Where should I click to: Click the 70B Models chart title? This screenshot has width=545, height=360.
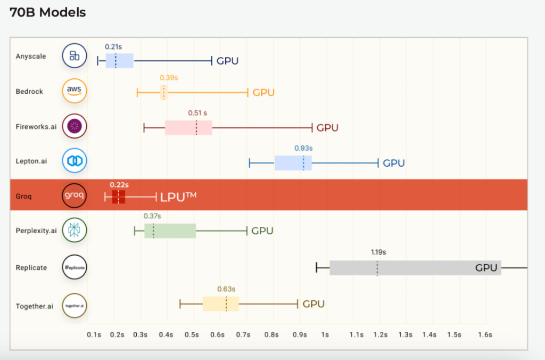coord(47,12)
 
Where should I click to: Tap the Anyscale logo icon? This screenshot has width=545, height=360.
coord(75,56)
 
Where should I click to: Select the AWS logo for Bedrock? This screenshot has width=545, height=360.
coord(75,91)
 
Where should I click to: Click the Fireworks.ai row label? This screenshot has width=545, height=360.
coord(36,127)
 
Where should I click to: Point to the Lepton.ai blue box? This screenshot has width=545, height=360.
coord(293,163)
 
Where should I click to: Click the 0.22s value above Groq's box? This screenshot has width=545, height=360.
coord(119,185)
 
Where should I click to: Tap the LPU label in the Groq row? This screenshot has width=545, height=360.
coord(178,197)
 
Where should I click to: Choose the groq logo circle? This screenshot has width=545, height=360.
coord(75,195)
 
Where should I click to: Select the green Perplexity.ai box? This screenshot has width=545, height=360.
coord(170,231)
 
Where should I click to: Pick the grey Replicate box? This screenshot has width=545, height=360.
coord(415,267)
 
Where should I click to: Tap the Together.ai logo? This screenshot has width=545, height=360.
coord(75,306)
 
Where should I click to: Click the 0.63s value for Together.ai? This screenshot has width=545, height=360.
coord(226,289)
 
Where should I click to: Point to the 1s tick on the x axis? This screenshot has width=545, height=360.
coord(325,334)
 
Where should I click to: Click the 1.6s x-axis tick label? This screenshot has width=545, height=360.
coord(485,334)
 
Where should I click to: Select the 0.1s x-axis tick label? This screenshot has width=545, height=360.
coord(94,334)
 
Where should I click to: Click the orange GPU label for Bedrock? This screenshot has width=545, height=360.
coord(263,93)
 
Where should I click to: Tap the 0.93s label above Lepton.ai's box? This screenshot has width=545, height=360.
coord(303,148)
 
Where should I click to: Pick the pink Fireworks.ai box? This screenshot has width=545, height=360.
coord(188,128)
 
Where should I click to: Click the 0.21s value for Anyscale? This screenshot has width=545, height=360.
coord(113,47)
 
